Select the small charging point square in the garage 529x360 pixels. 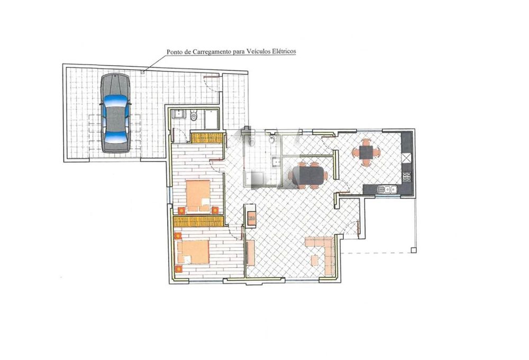coord(143,71)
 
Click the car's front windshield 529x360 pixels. coord(115,100)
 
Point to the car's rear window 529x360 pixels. coord(115,137)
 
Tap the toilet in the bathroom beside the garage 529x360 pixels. coord(194,116)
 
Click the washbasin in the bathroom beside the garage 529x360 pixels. coord(178,114)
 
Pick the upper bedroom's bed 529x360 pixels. coord(198,195)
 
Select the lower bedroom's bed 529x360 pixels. coord(193,251)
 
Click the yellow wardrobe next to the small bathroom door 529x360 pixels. coord(207,138)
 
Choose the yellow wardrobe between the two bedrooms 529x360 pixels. coord(198,221)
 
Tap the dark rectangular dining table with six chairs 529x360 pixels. coord(308,175)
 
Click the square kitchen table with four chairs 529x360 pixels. coord(366,152)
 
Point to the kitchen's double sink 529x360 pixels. coord(388,190)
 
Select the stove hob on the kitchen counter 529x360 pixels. coord(406,177)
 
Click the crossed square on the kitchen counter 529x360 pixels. coord(407,158)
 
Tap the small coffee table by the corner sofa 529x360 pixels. coord(315,260)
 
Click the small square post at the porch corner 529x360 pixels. coord(414,250)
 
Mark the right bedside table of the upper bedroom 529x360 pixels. coord(215,210)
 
